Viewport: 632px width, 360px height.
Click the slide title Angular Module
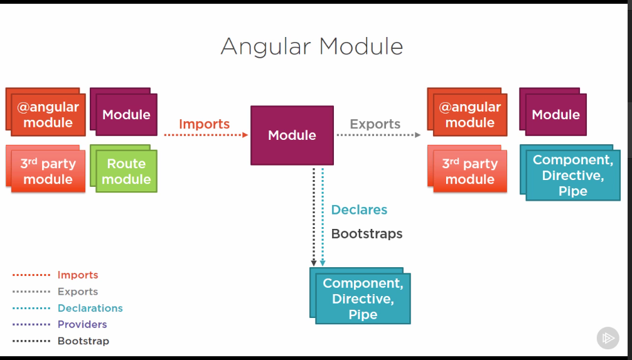[311, 46]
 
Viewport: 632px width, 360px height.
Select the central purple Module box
[292, 135]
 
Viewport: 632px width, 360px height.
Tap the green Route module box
[126, 171]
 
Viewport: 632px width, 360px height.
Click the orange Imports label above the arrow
[204, 124]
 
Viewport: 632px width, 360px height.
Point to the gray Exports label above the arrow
[375, 124]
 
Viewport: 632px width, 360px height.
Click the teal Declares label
[359, 210]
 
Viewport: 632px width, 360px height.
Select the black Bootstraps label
[367, 234]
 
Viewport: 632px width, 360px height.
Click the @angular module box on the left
[48, 115]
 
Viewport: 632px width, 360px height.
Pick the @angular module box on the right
[469, 115]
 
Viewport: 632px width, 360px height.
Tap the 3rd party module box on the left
[48, 171]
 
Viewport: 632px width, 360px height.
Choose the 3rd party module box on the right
[469, 171]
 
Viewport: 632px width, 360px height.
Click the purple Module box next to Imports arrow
[126, 115]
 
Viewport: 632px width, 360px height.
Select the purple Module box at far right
[555, 115]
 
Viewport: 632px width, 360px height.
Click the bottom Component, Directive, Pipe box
[363, 299]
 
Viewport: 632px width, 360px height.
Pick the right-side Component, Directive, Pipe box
[572, 175]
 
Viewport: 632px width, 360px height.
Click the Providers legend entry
[82, 324]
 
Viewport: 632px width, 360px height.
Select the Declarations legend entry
[90, 308]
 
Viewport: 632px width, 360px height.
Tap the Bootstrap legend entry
[83, 341]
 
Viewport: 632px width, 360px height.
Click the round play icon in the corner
[608, 338]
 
